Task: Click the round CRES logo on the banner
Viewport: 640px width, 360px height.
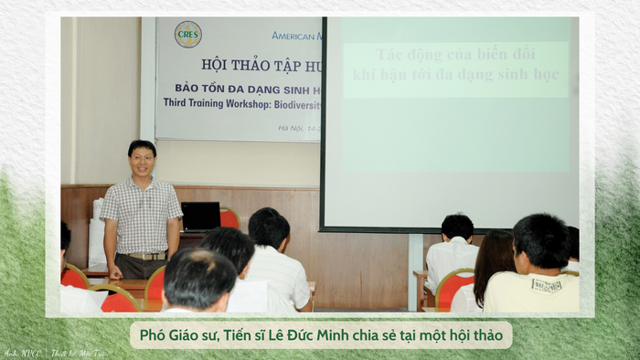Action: click(188, 35)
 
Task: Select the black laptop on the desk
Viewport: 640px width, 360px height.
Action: click(200, 216)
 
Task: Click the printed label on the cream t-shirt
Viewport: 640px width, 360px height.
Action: click(546, 286)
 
